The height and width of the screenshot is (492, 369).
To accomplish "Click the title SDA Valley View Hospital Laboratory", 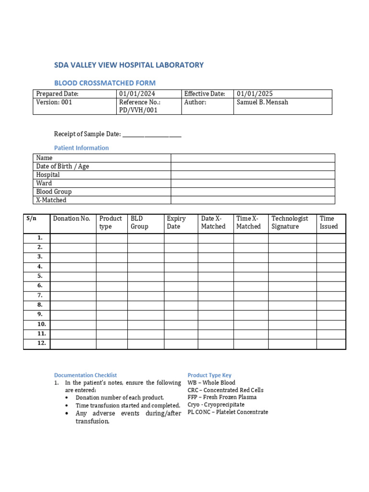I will point(129,65).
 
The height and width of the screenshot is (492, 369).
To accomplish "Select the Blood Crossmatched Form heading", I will point(105,83).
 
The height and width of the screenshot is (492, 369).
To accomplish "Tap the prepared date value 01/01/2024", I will point(137,94).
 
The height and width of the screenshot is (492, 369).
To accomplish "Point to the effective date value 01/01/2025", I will point(255,94).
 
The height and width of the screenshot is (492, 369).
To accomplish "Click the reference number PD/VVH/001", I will point(139,111).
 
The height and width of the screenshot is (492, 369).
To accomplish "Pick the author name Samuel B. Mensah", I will point(263,102).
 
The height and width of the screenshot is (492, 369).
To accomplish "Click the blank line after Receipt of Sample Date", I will point(152,135).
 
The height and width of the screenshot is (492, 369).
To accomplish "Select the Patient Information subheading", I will point(81,148).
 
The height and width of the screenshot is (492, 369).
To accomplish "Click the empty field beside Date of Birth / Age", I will point(253,166).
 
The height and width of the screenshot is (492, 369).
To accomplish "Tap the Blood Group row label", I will point(54,192).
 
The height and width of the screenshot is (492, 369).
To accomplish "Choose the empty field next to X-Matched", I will point(253,200).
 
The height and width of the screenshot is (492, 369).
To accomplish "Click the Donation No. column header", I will point(72,219).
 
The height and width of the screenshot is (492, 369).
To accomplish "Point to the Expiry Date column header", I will point(176,222).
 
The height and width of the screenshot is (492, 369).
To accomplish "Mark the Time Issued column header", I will point(329,222).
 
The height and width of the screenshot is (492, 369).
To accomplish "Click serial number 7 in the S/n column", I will point(40,295).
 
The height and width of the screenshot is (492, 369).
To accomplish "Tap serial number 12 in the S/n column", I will point(42,343).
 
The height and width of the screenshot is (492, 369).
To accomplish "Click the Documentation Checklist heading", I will point(86,375).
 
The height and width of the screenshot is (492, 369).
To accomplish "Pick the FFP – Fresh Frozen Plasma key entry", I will point(222,397).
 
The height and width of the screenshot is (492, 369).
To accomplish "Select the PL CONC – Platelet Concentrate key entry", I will point(228,412).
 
